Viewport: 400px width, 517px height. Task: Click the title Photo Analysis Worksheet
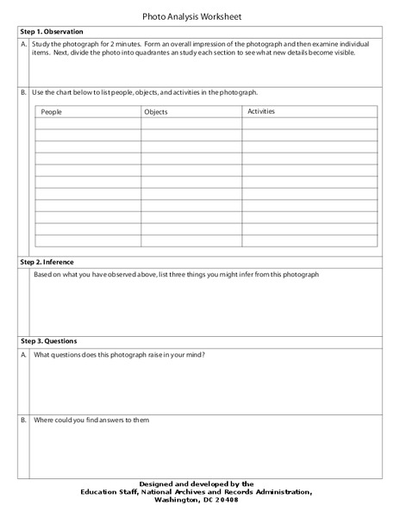pos(199,16)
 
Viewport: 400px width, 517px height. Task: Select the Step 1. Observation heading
pos(52,32)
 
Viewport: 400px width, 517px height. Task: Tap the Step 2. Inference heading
pos(47,261)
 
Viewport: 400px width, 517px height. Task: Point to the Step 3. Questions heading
pos(47,341)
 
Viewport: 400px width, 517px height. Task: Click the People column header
pos(52,112)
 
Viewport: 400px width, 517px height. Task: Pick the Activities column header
pos(265,111)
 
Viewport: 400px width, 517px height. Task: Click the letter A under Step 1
pos(23,42)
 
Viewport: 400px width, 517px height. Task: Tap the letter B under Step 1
pos(23,91)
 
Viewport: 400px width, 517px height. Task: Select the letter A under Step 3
pos(23,355)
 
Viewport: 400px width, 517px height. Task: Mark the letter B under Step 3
pos(23,420)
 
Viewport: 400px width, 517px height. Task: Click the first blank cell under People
pos(87,123)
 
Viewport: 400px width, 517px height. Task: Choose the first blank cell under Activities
pos(309,123)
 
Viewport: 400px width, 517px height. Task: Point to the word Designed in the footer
pos(159,484)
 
